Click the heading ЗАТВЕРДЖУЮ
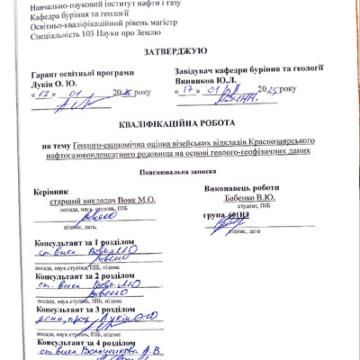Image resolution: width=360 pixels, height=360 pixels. (x=178, y=54)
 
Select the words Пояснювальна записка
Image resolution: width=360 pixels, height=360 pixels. (x=178, y=172)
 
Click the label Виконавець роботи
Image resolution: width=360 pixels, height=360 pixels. (x=241, y=188)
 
